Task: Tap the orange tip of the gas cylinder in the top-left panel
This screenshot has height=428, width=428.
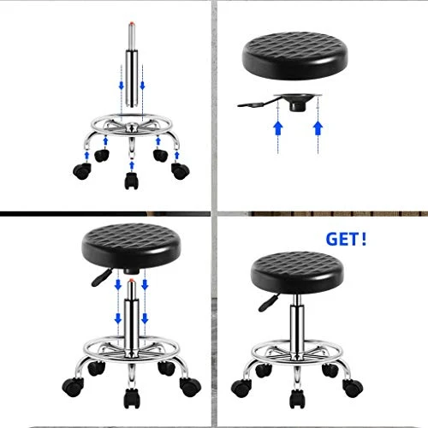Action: point(131,23)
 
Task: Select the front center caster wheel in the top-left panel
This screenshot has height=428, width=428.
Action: point(132,181)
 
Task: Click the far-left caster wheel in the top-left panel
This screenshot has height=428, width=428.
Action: point(82,171)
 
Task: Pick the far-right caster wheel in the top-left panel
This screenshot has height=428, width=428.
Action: point(181,171)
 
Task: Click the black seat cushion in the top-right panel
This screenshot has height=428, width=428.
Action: point(295,55)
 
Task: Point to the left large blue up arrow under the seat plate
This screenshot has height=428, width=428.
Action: point(278,128)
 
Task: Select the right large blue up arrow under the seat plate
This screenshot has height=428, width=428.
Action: point(318,128)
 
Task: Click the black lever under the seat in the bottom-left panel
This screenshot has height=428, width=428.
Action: point(101,277)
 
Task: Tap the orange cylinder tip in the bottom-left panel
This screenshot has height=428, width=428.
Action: point(131,281)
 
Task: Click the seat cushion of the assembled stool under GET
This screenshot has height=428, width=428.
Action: point(297,272)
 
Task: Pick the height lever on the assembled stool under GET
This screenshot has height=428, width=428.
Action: point(269,302)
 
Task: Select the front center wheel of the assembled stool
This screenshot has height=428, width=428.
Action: point(297,398)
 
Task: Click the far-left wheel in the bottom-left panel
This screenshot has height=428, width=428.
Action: point(73,387)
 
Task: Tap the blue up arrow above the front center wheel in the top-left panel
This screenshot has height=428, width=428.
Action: point(132,165)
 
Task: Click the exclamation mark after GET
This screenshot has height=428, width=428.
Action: point(363,239)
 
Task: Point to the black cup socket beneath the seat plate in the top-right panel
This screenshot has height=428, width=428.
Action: point(298,106)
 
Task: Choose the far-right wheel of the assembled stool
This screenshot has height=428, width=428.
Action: point(353,389)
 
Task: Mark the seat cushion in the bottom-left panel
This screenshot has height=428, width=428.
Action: point(131,246)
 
